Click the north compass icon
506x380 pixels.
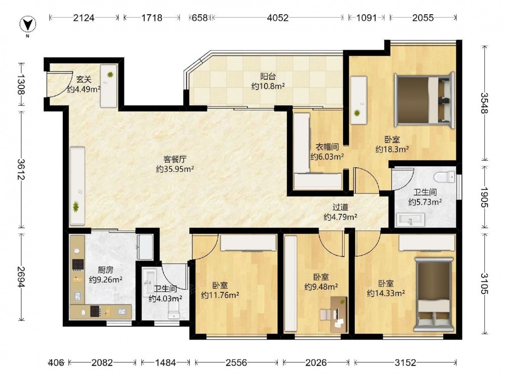coord(27,24)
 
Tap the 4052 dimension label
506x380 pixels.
coord(277,17)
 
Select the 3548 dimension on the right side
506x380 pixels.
coord(484,103)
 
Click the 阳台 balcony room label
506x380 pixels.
coord(268,77)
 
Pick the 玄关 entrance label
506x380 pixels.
coord(84,79)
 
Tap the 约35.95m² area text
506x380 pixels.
coord(175,169)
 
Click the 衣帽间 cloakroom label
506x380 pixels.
coord(327,147)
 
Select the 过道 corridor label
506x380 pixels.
coord(341,207)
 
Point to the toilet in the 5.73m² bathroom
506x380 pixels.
coord(444,177)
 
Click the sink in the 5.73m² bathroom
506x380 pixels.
coord(410,220)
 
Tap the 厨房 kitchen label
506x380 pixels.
coord(106,270)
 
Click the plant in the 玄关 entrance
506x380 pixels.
coord(110,74)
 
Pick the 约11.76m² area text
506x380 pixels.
coord(220,295)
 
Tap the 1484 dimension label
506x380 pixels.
coord(165,363)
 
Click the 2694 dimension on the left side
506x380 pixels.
coord(22,277)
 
